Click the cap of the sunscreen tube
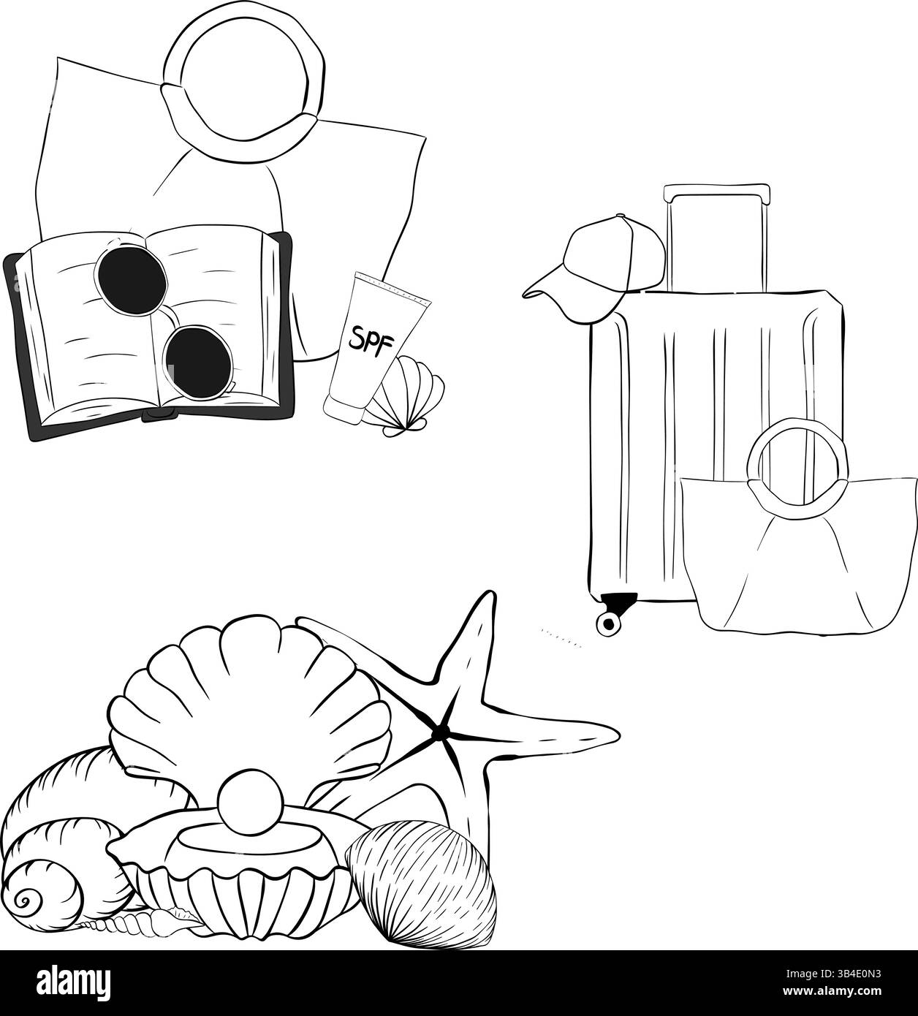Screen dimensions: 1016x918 344,409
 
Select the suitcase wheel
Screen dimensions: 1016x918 608,622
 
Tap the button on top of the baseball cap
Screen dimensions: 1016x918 620,216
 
